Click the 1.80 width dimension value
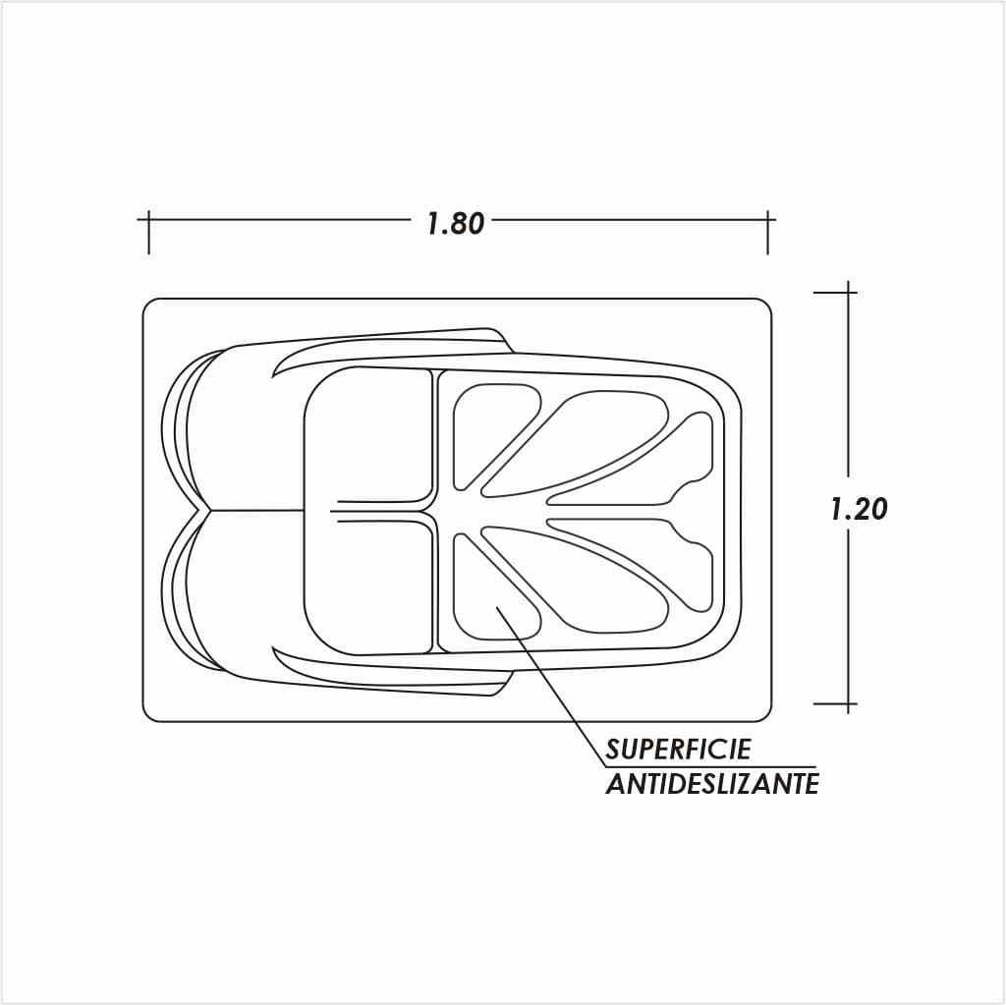click(456, 223)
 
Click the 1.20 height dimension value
click(859, 509)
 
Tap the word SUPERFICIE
click(678, 749)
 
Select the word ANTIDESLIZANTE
click(712, 784)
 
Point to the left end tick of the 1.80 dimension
click(149, 232)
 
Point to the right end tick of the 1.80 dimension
click(768, 232)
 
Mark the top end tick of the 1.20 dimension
click(848, 292)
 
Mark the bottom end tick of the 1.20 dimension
click(848, 703)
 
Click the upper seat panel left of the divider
click(369, 436)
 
